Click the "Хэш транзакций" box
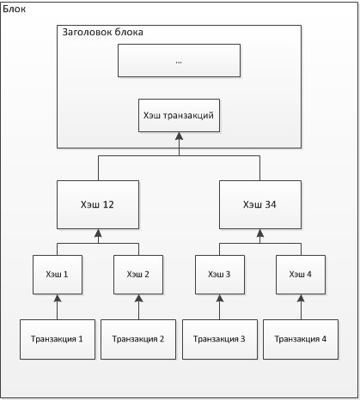[x=179, y=115]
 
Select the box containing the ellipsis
[x=179, y=60]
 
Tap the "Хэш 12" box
[x=98, y=204]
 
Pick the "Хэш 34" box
[x=260, y=204]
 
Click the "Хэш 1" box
[x=58, y=275]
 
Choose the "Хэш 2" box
[x=138, y=275]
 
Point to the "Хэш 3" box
[x=220, y=275]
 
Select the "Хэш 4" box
[x=301, y=275]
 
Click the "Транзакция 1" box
[x=58, y=339]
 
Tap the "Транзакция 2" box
[x=138, y=339]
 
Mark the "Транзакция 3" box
[x=220, y=339]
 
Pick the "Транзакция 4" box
[x=301, y=339]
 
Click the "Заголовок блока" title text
[x=103, y=32]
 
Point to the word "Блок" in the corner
[x=15, y=9]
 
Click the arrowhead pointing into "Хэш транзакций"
[x=180, y=136]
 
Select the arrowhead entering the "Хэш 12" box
[x=98, y=233]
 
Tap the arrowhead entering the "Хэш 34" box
[x=260, y=233]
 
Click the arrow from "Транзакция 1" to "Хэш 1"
[x=58, y=307]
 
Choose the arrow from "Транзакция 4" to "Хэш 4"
[x=301, y=307]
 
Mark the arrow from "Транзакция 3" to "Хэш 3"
[x=220, y=307]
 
